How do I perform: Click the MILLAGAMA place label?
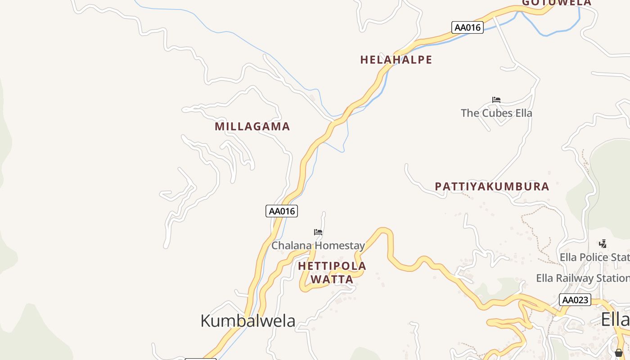pos(252,126)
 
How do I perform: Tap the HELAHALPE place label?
pos(396,60)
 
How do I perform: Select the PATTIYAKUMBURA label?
pos(492,186)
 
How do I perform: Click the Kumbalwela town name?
pos(247,321)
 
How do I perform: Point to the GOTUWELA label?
pos(557,3)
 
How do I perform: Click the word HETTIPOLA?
pos(332,266)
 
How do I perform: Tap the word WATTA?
pos(332,279)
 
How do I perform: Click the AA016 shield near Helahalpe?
pos(468,27)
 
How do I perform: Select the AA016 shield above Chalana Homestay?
pos(282,211)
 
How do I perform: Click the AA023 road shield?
pos(575,300)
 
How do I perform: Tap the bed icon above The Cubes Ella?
pos(496,100)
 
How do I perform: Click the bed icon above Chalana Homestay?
pos(318,232)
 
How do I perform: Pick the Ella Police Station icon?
pos(603,244)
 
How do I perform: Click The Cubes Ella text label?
pos(496,113)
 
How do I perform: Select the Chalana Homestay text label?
pos(318,246)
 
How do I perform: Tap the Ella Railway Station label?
pos(583,278)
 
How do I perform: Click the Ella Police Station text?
pos(594,257)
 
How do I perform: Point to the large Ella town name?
pos(615,319)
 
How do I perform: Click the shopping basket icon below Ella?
pos(619,352)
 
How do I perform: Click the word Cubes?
pos(497,113)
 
